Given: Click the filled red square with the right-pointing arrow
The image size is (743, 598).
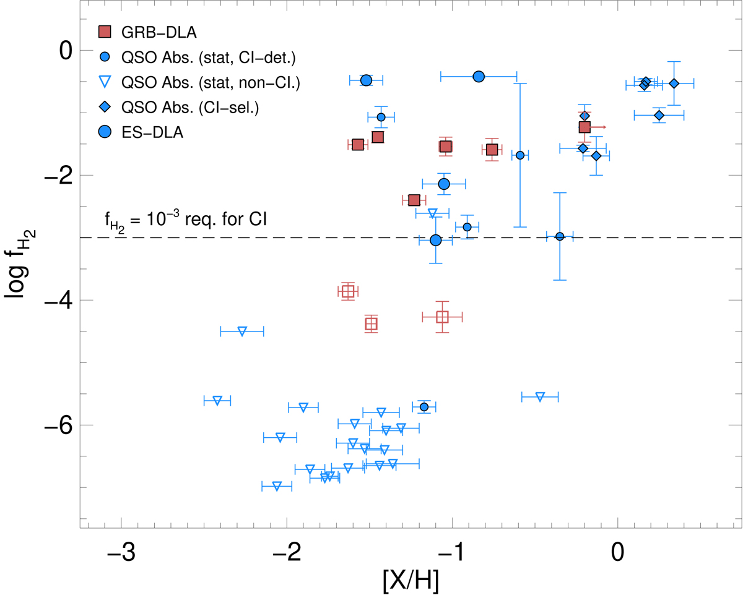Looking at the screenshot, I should click(584, 127).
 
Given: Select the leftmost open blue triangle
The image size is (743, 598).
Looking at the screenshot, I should click(217, 401).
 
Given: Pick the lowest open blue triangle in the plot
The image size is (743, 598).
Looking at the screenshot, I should click(277, 486).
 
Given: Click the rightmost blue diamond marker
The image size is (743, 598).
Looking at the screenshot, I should click(674, 83).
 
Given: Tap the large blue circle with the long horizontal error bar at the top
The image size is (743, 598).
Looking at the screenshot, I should click(479, 76).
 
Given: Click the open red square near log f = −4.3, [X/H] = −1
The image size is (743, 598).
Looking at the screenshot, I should click(442, 317).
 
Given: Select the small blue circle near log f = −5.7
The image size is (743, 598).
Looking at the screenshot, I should click(424, 407).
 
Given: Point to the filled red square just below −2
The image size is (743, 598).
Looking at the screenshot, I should click(414, 200).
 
